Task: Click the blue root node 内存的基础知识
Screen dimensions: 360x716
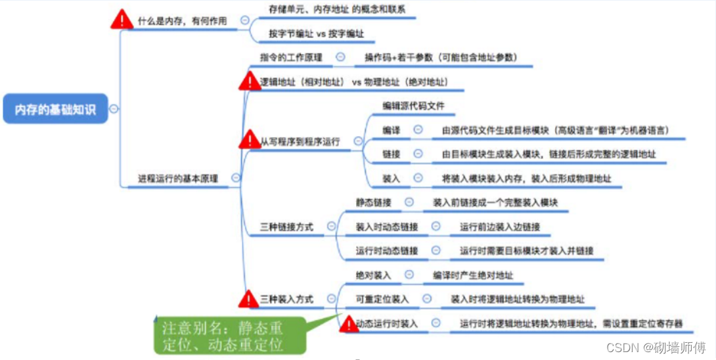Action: (56, 109)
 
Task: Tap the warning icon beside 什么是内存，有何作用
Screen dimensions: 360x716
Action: (122, 20)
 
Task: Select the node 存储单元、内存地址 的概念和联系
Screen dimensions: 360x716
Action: (337, 10)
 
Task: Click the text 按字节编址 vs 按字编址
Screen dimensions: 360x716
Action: (317, 34)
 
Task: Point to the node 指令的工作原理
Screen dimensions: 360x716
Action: (291, 57)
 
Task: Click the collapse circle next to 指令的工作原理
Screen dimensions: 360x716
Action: (340, 57)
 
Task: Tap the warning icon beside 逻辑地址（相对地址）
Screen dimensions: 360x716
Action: (250, 82)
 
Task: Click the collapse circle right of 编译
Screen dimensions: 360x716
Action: (418, 129)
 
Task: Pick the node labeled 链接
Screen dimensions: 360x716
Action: (392, 154)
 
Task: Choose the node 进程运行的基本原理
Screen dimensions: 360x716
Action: (178, 178)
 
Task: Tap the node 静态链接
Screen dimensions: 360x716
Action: (373, 203)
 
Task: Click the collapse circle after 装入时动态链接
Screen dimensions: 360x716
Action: (435, 227)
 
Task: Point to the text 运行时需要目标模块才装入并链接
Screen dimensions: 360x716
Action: (526, 250)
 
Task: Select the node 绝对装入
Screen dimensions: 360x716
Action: (373, 275)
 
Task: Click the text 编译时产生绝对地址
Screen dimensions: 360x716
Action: (473, 275)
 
